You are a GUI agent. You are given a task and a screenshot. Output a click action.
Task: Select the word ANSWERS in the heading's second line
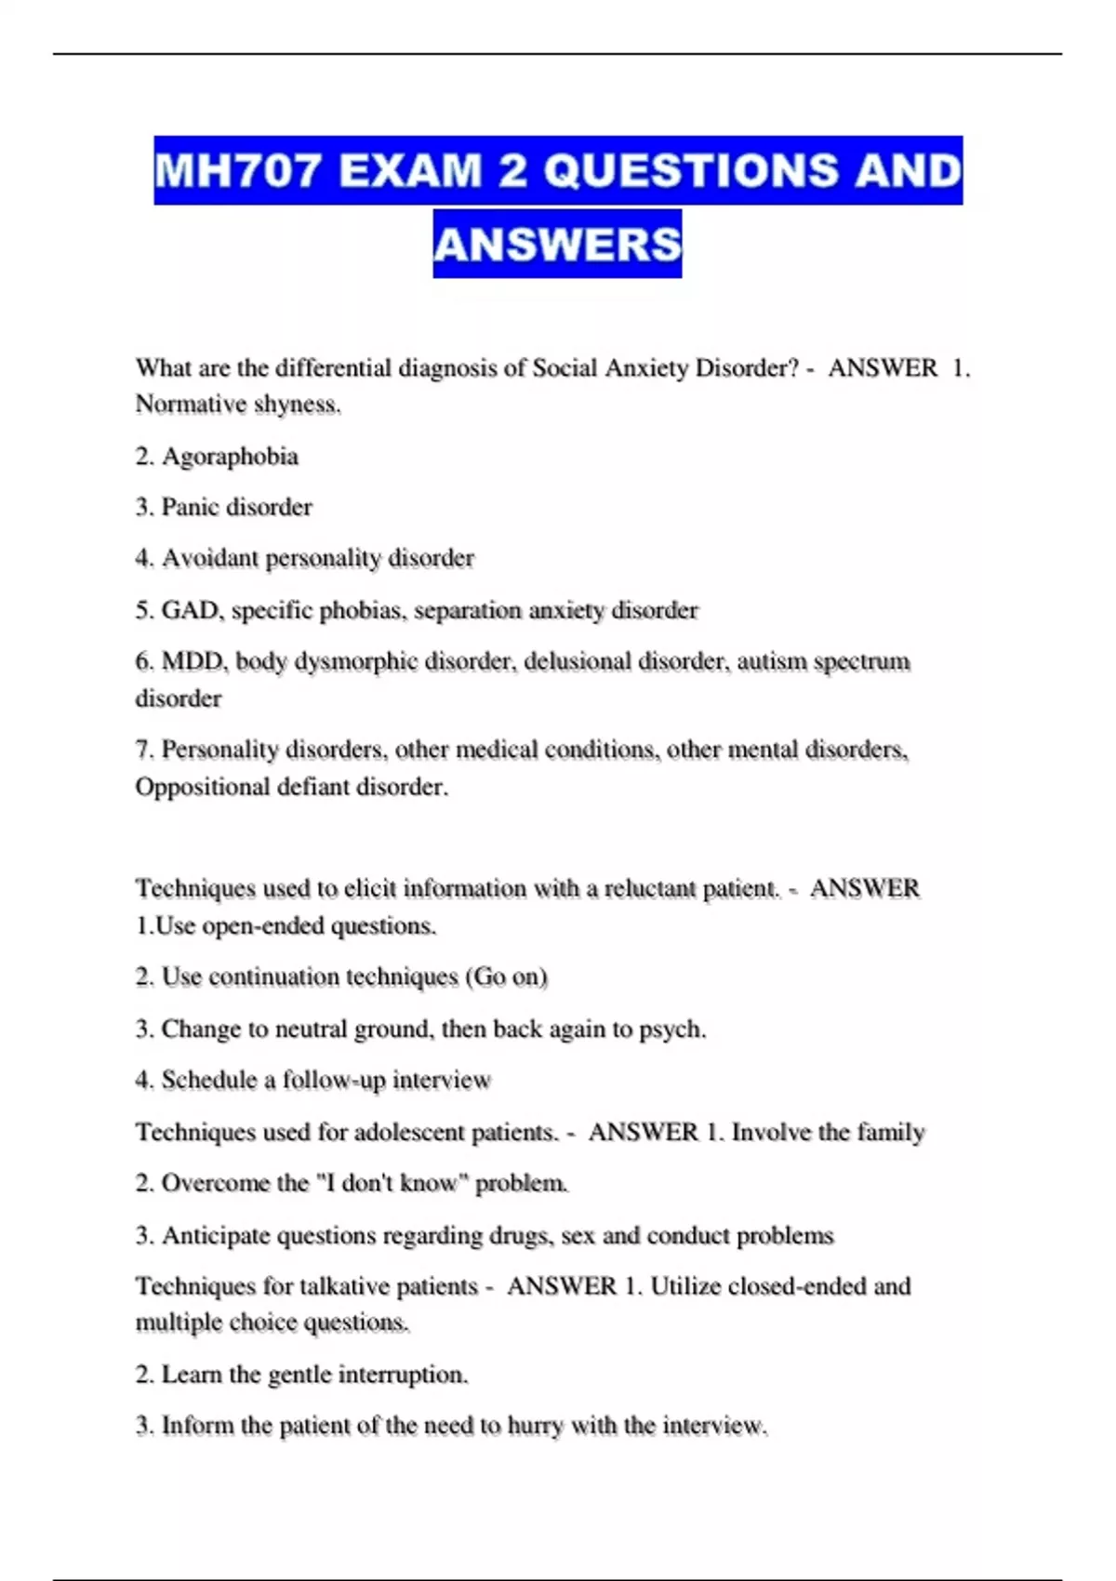557,245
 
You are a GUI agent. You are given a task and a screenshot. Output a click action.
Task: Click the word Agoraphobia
230,457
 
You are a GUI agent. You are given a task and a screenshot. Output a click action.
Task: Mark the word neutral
314,1030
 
